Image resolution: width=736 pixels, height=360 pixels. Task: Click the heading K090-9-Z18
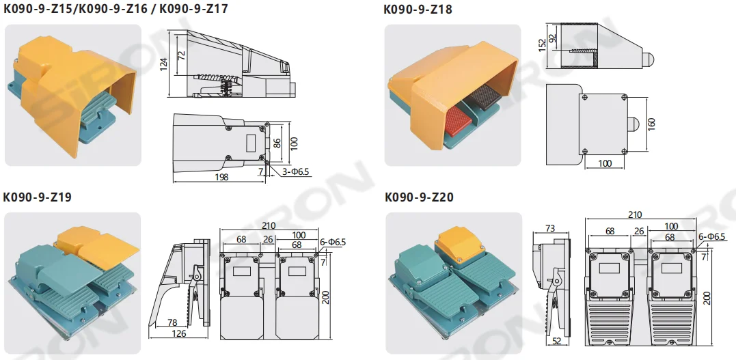point(418,10)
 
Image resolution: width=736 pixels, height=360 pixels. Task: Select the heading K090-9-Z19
point(38,197)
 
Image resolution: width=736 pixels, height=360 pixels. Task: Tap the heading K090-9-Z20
point(419,197)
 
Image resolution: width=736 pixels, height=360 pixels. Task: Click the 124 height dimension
point(163,64)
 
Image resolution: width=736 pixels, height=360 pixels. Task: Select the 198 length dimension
point(220,177)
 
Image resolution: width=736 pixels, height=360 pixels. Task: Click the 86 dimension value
point(277,143)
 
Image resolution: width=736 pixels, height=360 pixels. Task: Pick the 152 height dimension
point(542,46)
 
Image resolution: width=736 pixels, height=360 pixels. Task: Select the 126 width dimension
point(178,334)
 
